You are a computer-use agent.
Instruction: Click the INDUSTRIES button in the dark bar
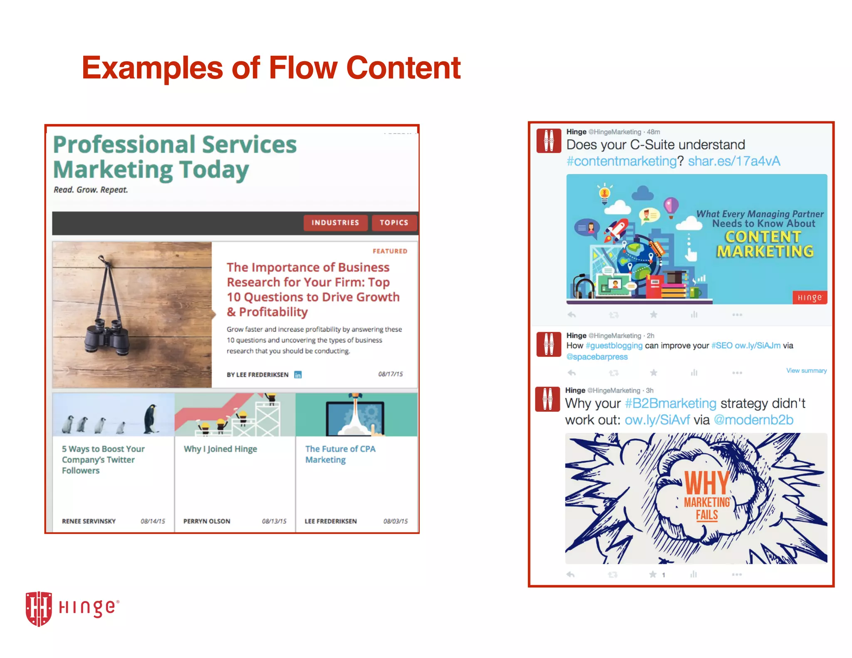coord(335,223)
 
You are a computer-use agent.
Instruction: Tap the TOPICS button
coord(394,223)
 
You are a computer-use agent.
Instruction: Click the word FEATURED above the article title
coord(390,251)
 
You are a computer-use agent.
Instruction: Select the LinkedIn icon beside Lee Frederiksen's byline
coord(298,375)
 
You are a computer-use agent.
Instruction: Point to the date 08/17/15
coord(390,374)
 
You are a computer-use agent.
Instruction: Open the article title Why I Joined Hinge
coord(220,449)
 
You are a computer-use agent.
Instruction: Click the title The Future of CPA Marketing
coord(340,454)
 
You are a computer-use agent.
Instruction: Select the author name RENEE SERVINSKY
coord(89,521)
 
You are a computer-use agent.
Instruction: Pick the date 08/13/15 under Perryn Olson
coord(274,521)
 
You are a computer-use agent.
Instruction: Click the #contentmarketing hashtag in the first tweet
coord(622,161)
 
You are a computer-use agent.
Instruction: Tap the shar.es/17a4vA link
coord(734,161)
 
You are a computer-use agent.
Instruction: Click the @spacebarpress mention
coord(597,357)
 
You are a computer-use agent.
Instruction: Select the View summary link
coord(806,371)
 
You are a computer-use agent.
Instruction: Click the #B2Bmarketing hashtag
coord(670,403)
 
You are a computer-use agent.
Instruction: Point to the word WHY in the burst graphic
coord(707,483)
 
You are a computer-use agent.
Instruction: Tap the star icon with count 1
coord(653,574)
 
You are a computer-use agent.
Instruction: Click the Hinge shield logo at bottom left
coord(39,608)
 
